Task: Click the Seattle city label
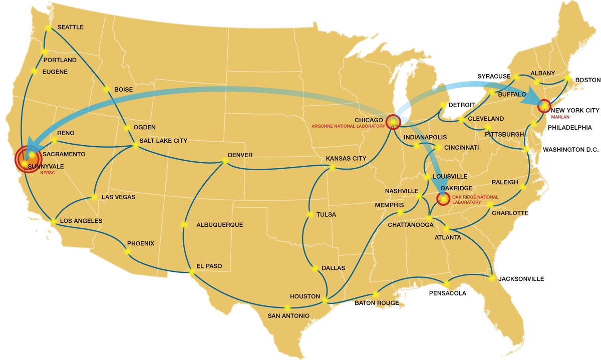71,27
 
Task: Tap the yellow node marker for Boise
106,90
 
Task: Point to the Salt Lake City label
164,141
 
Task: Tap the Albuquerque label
219,225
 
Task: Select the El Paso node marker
191,272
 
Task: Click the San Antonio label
288,316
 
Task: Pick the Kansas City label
346,159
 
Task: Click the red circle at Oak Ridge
443,199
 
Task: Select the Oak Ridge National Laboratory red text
475,200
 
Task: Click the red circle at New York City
543,106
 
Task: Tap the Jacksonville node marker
493,277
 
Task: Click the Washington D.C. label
570,150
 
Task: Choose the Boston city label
587,80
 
